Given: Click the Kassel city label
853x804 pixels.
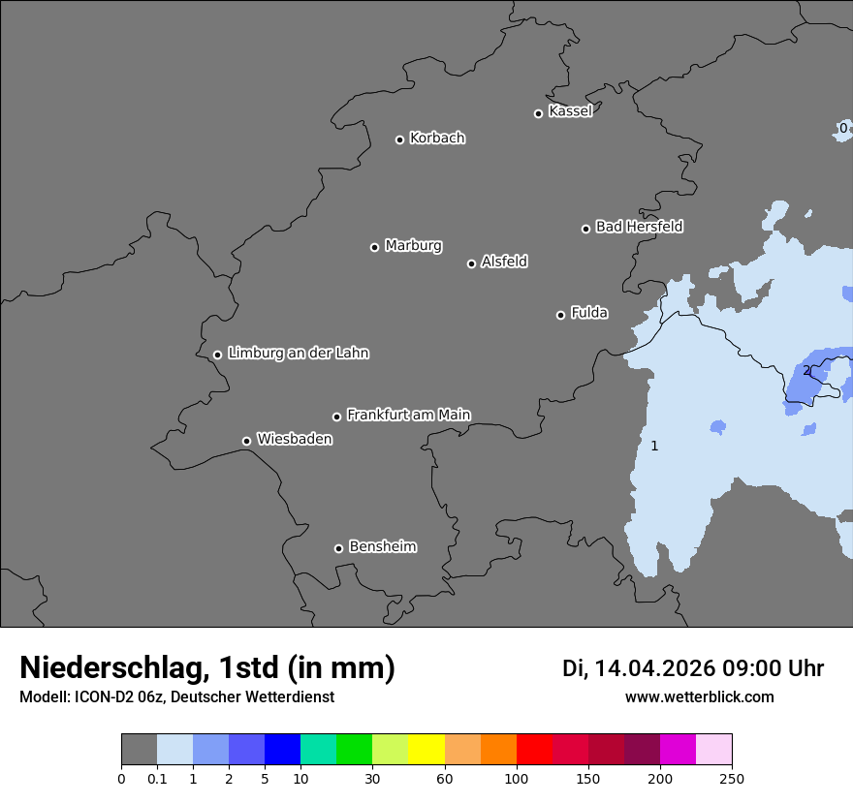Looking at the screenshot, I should pos(570,111).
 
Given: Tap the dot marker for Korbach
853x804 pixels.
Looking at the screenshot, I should pos(399,139).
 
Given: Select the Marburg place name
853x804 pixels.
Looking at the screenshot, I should pos(413,246).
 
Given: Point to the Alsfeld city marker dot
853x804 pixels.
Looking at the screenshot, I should pos(471,263).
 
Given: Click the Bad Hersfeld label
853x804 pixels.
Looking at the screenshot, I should pos(639,227).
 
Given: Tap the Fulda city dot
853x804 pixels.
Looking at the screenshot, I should pos(560,315).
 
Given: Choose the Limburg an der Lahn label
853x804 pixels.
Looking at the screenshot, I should pos(298,354).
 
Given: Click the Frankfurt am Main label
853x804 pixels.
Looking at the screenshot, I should pos(408,415).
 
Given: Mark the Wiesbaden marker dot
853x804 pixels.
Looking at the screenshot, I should pos(246,441).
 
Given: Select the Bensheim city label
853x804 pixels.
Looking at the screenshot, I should pos(382,546).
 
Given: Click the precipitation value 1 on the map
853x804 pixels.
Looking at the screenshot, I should pos(654,446).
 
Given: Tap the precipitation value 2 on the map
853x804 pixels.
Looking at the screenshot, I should pos(806,370).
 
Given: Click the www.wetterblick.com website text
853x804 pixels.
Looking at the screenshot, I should pos(699,697).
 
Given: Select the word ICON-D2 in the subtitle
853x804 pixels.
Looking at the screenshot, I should pos(101,697).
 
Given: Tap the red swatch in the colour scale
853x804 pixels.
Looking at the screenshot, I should pos(534,750).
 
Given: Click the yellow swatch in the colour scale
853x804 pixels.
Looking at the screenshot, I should pos(426,750).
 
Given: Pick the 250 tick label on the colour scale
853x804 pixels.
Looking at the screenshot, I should pos(732,779).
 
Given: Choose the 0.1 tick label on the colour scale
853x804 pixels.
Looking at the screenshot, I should pos(157,779).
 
